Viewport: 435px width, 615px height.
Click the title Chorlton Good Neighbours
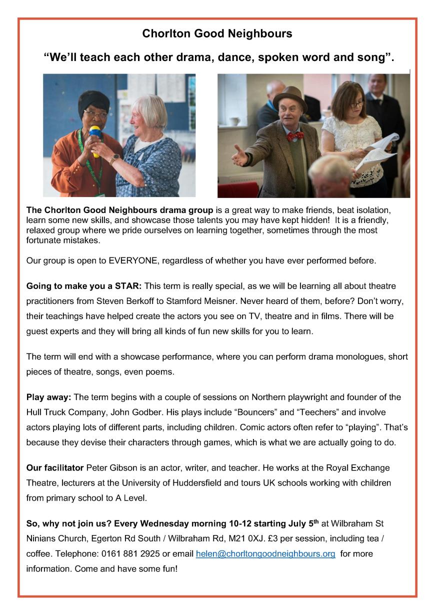click(217, 34)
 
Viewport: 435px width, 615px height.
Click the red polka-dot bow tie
click(294, 135)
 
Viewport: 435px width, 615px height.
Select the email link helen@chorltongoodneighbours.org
click(265, 554)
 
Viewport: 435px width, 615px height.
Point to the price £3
click(272, 539)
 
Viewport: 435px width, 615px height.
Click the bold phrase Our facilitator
click(55, 468)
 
